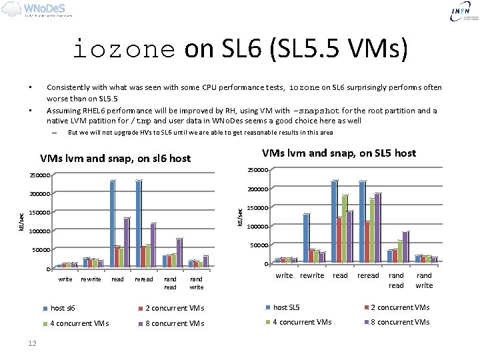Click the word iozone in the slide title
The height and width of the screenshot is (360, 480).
coord(123,49)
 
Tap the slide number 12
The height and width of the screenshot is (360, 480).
coord(31,343)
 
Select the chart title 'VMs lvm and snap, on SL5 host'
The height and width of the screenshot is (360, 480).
coord(339,153)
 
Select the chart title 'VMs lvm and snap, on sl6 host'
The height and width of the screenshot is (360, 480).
coord(115,159)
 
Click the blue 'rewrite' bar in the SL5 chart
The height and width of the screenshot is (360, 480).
coord(306,237)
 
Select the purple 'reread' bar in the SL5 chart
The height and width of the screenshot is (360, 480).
coord(377,227)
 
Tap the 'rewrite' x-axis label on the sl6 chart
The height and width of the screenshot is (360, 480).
coord(91,279)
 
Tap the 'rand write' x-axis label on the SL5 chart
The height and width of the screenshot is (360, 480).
coord(424,280)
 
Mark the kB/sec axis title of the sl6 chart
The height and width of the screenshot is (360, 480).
coord(22,222)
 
